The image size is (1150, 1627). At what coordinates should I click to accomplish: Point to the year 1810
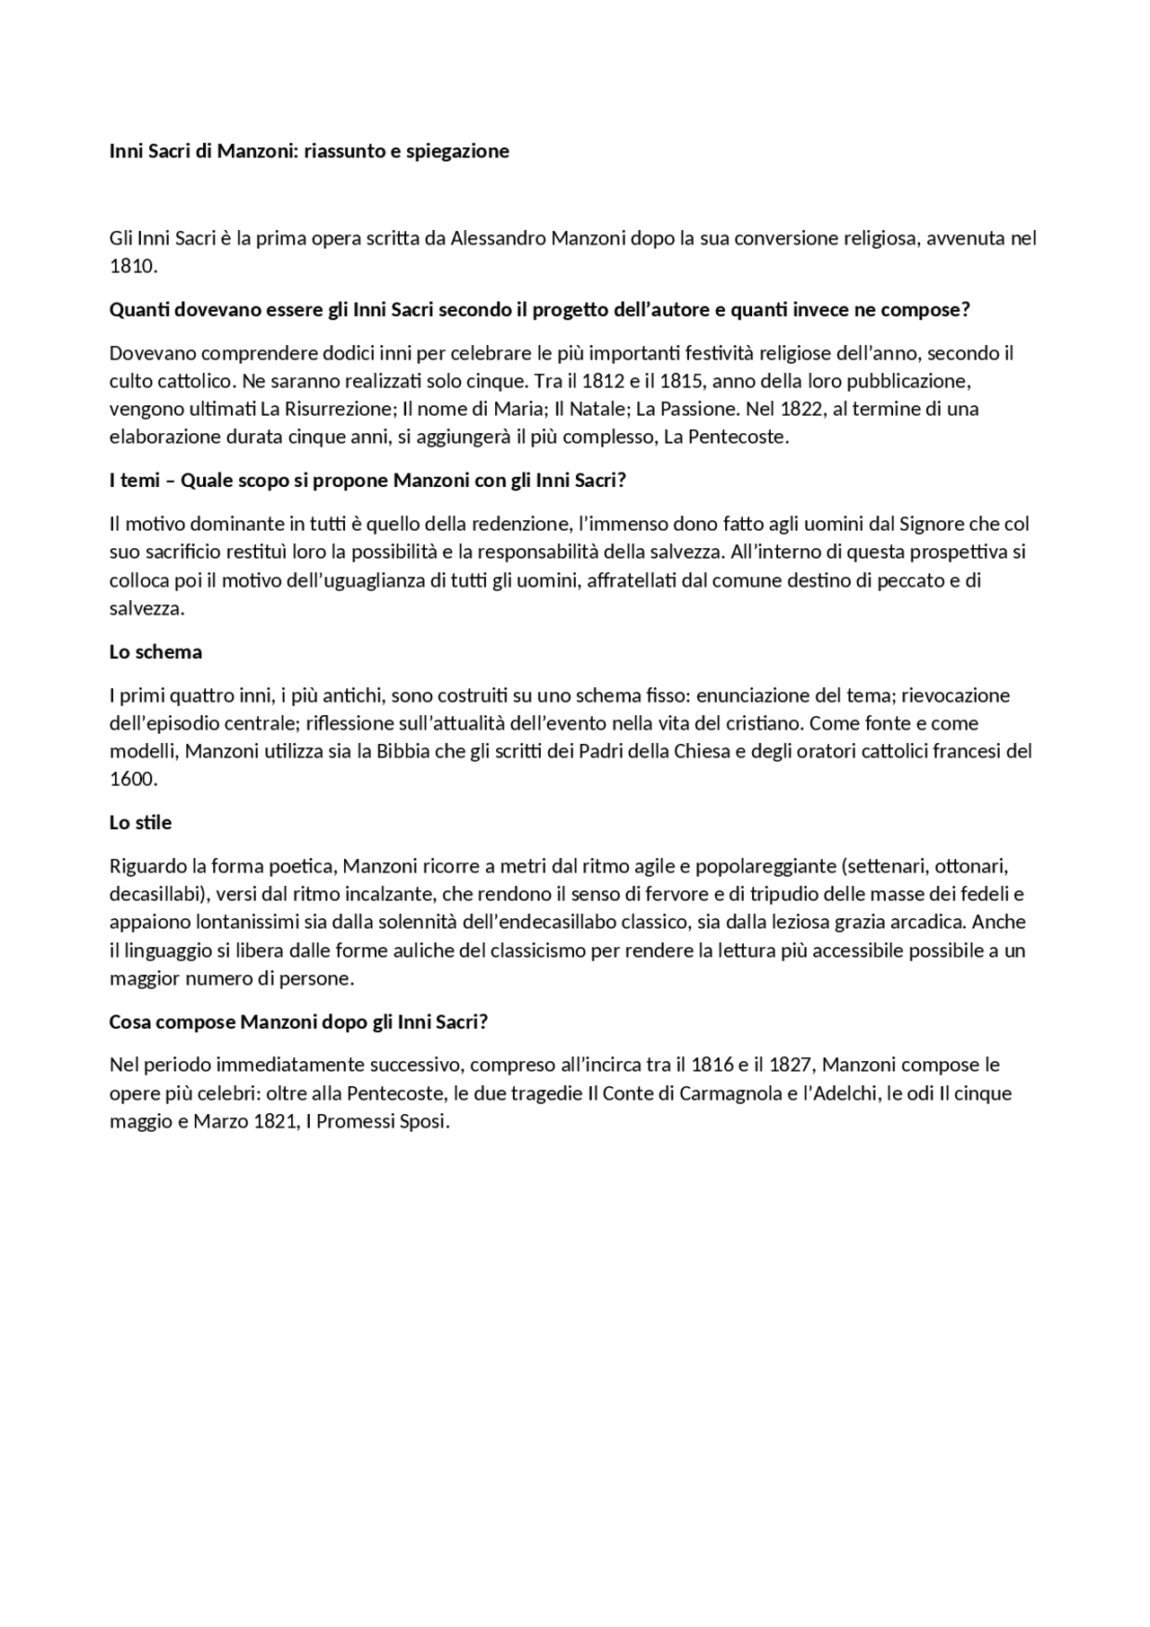132,267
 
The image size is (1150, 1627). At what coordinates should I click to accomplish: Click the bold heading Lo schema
155,652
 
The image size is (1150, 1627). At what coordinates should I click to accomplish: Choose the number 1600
132,780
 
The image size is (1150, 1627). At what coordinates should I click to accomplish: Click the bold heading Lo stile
140,823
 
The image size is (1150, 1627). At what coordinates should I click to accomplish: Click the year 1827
790,1066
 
